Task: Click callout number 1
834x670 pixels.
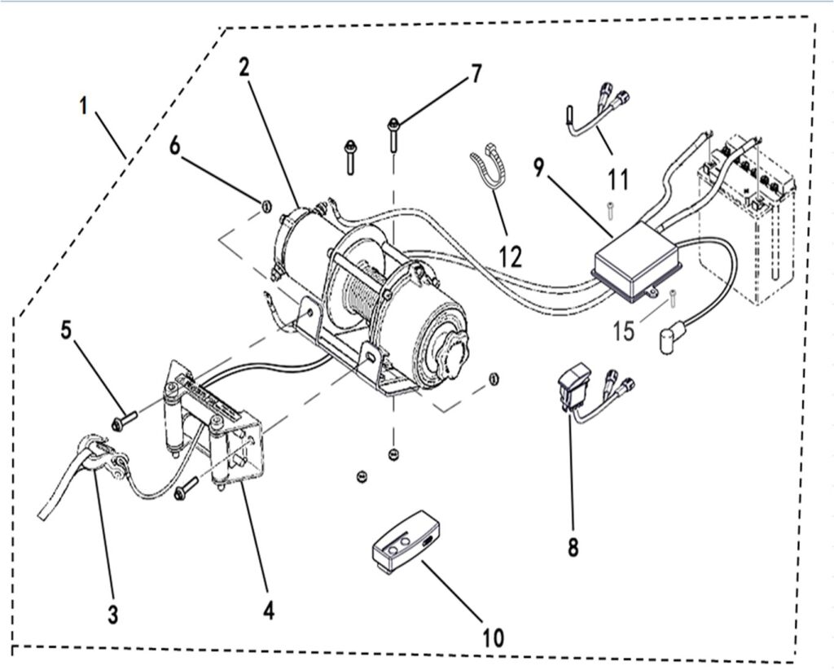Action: pyautogui.click(x=84, y=107)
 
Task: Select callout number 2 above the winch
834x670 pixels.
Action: pyautogui.click(x=244, y=68)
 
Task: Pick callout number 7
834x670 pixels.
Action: pyautogui.click(x=475, y=74)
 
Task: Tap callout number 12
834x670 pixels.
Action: pyautogui.click(x=511, y=256)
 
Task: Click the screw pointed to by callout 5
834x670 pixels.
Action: pyautogui.click(x=122, y=422)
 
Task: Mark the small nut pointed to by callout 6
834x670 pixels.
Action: pyautogui.click(x=266, y=204)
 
